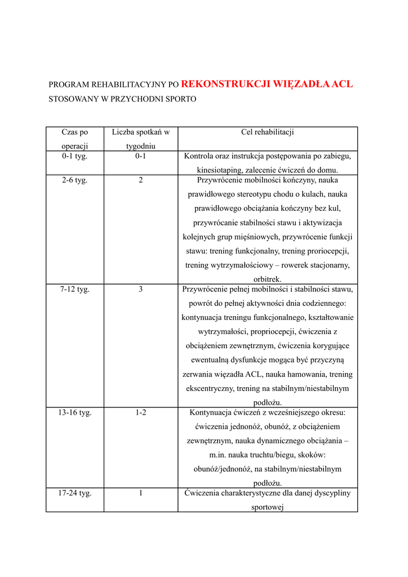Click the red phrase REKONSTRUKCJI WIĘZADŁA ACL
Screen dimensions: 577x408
(x=267, y=85)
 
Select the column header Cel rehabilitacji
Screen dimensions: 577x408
(x=267, y=132)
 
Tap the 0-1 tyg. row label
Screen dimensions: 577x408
(x=75, y=156)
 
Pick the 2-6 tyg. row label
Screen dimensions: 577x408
(x=75, y=180)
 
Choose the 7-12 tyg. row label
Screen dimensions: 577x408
(x=75, y=290)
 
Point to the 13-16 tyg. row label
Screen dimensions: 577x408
(x=75, y=412)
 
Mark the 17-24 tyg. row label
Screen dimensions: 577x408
(x=75, y=493)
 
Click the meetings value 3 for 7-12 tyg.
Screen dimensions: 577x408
(x=140, y=290)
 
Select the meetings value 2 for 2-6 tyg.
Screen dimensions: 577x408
(x=140, y=180)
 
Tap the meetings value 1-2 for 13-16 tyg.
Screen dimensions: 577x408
(x=140, y=412)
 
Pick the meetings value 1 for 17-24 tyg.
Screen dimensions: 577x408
(x=140, y=493)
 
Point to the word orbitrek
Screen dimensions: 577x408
(x=267, y=279)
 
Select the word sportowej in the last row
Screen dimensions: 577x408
(x=267, y=507)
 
